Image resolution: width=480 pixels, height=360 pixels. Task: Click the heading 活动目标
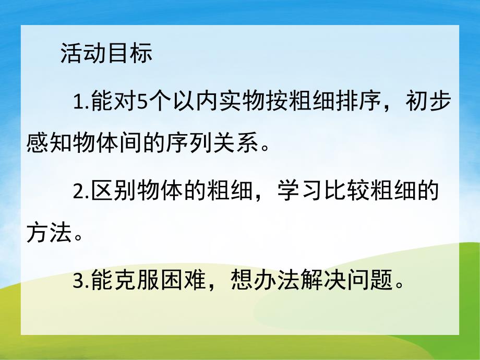(x=106, y=54)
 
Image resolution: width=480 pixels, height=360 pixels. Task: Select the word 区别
(x=114, y=191)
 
